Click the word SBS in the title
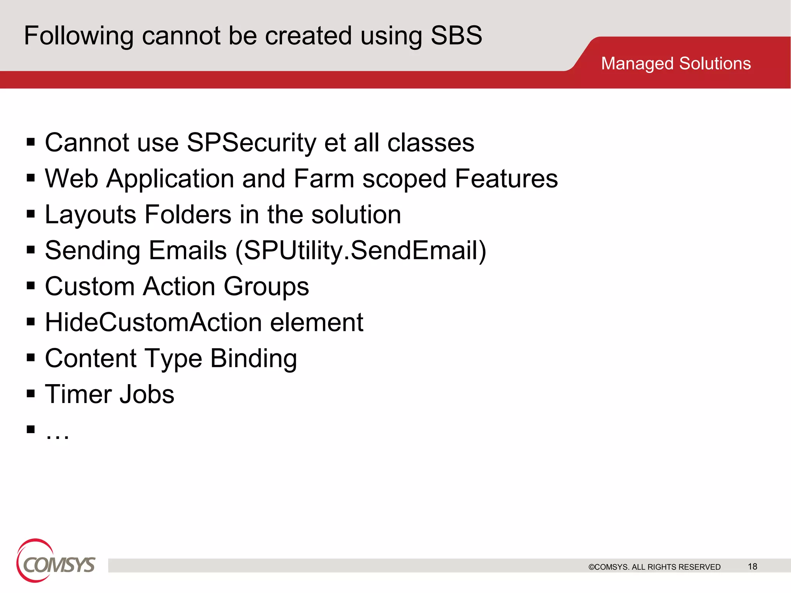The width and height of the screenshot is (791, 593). click(456, 36)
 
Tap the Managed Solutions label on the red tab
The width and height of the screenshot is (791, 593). click(676, 63)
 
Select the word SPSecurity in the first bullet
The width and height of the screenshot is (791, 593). click(251, 143)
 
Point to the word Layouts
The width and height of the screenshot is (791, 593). click(90, 215)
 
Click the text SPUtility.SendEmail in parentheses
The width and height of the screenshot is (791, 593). click(360, 250)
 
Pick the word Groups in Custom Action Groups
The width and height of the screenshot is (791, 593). click(266, 286)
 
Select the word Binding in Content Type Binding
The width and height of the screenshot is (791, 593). click(253, 358)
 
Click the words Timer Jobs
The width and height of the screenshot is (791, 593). click(110, 394)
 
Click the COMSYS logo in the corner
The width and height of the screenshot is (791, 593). click(55, 561)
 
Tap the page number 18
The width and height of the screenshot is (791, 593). click(752, 566)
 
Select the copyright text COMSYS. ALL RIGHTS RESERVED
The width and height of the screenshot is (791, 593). click(654, 567)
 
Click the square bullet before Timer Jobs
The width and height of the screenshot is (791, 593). click(31, 393)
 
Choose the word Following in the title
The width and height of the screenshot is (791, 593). click(79, 36)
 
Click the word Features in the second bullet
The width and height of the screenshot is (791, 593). click(506, 179)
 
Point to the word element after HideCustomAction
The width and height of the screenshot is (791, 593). click(316, 322)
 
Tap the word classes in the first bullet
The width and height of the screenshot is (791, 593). click(431, 143)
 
